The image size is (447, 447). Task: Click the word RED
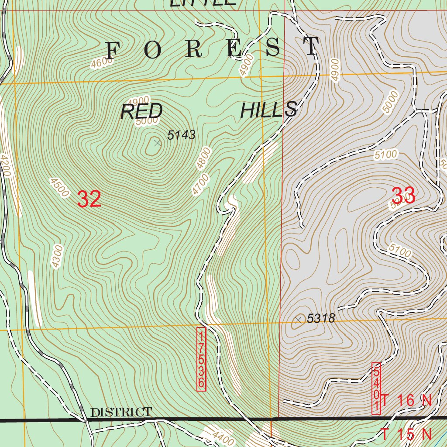tap(141, 112)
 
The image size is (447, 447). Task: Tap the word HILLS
tap(269, 110)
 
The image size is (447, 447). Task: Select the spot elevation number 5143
tap(181, 135)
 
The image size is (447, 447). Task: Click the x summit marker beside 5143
tap(158, 143)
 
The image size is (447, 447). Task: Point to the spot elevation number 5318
tap(321, 319)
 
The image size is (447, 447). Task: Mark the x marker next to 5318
tap(299, 320)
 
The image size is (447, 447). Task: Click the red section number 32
tap(89, 199)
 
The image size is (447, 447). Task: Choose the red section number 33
tap(404, 195)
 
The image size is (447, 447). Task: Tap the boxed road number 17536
tap(201, 359)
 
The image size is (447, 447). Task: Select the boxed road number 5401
tap(376, 389)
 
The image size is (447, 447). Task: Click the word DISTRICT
tap(121, 412)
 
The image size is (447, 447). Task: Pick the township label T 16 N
tap(406, 400)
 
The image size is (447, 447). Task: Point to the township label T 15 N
tap(406, 434)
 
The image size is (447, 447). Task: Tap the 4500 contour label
tap(60, 187)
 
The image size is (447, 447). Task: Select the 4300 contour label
tap(57, 256)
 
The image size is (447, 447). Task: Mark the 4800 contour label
tap(203, 158)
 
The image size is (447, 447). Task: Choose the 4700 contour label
tap(200, 184)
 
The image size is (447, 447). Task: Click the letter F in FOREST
tap(113, 51)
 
